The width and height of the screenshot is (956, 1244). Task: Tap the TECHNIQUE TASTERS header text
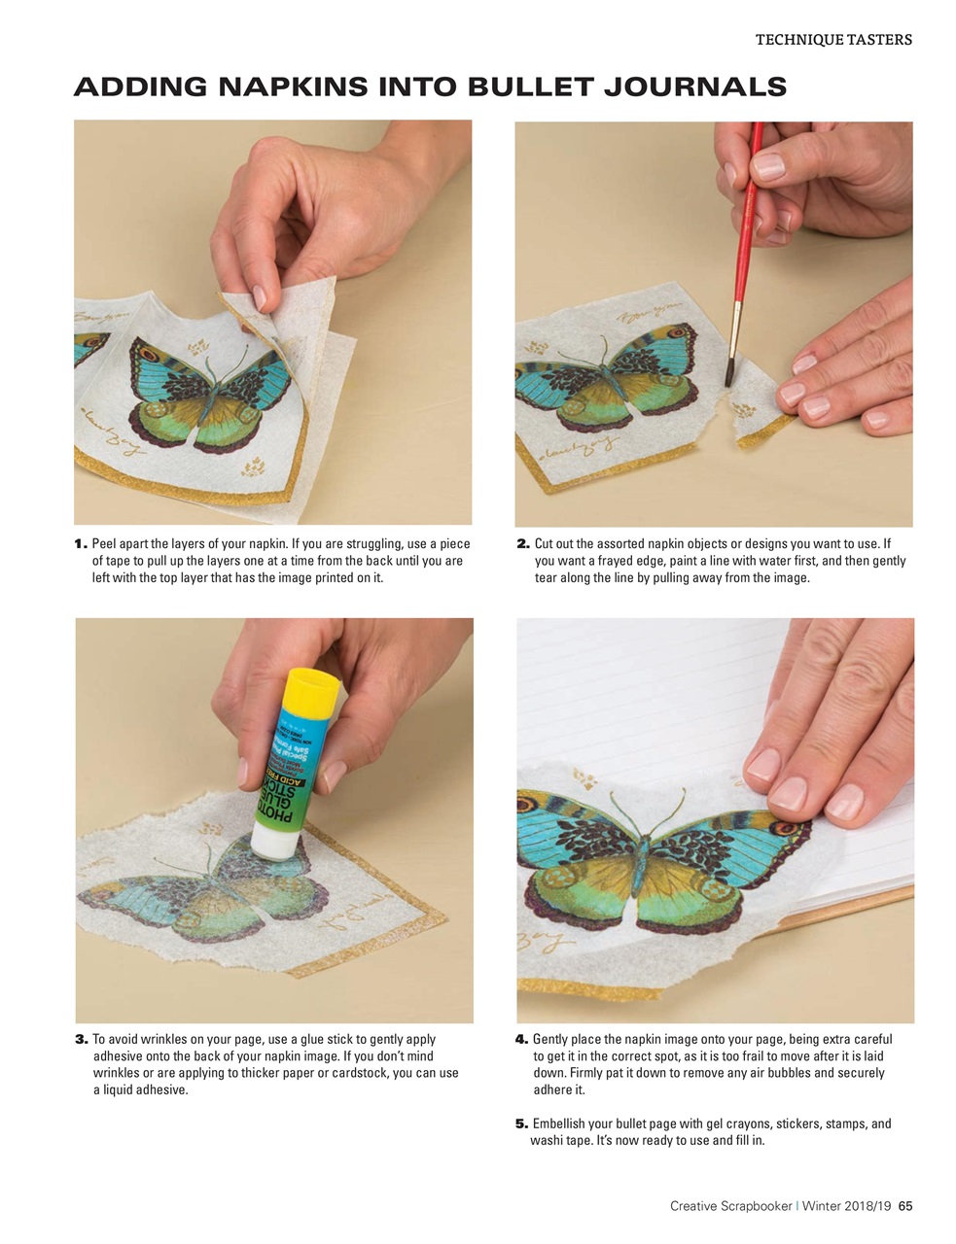point(833,40)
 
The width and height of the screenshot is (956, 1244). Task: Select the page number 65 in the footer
point(904,1206)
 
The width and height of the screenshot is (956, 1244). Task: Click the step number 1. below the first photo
point(81,544)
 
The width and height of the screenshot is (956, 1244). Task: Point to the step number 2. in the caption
point(523,544)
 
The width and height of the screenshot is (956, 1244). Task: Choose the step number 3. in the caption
point(82,1040)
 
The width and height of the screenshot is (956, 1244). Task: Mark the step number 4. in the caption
point(521,1040)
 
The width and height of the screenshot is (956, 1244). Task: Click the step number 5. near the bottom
point(521,1123)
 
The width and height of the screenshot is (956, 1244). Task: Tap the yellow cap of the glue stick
point(311,688)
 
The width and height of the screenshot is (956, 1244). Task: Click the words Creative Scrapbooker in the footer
point(730,1206)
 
